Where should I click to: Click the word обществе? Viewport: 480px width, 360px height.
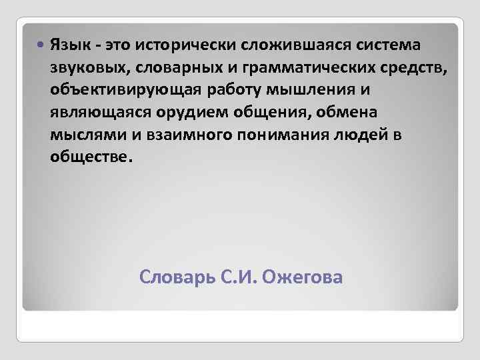[x=91, y=157]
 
